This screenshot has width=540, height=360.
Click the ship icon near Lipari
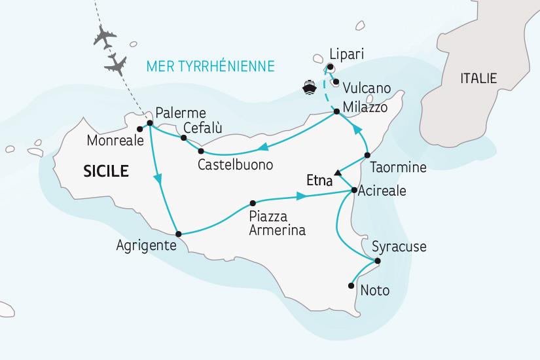[x=308, y=86]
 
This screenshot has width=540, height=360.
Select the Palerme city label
[x=180, y=112]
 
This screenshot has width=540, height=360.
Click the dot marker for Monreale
[x=139, y=128]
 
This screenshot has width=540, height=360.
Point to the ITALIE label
[x=478, y=79]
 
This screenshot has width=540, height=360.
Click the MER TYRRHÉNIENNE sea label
[x=211, y=66]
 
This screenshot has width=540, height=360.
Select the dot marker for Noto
[x=352, y=284]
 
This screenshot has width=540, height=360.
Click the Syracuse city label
[x=399, y=247]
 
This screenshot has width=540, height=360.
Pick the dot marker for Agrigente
[x=177, y=233]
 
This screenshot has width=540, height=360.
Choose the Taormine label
[x=397, y=168]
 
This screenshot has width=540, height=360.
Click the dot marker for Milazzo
[x=336, y=112]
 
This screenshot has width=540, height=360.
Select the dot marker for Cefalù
[x=184, y=137]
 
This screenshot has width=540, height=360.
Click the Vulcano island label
[x=367, y=88]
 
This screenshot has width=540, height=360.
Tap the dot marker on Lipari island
[x=331, y=67]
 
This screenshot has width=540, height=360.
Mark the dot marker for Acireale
[x=354, y=191]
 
